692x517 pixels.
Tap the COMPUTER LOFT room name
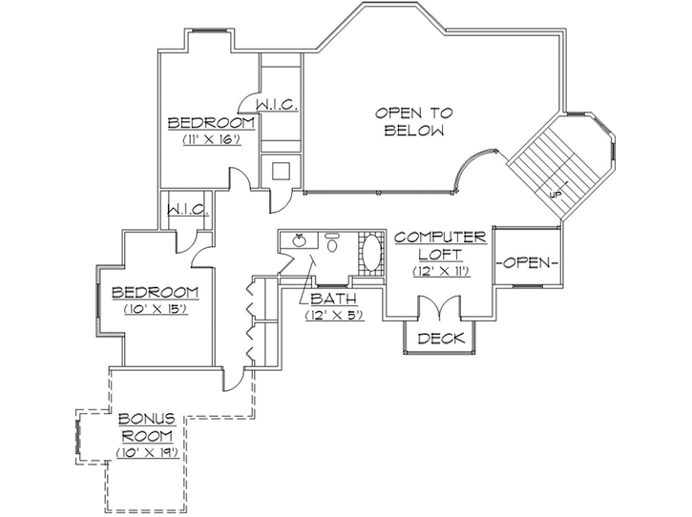point(440,245)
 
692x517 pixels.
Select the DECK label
point(440,338)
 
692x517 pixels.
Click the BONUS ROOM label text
point(146,426)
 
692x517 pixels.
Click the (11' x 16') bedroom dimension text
point(210,139)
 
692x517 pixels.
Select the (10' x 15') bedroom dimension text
point(154,308)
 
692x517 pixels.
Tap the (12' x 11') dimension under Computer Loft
point(440,272)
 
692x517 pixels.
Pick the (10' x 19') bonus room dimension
point(146,452)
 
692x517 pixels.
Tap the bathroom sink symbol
point(302,242)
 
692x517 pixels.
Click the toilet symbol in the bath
point(332,243)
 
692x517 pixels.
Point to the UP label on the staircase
point(555,194)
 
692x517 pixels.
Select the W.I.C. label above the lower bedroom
point(188,209)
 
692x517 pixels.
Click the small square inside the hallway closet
point(282,172)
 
